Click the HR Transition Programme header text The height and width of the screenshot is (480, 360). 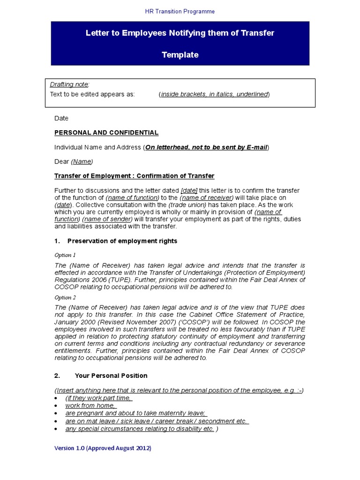point(180,11)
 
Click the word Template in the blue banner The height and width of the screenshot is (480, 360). point(180,55)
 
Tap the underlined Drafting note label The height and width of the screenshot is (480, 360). point(68,84)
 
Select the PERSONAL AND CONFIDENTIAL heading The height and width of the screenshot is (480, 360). point(106,133)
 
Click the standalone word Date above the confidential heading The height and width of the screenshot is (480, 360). point(61,118)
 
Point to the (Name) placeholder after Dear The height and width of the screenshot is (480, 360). point(82,162)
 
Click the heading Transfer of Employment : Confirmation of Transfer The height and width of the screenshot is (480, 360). point(134,176)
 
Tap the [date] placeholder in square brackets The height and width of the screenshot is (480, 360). point(189,191)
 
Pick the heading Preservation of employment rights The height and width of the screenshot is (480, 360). point(122,241)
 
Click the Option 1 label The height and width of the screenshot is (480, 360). point(65,255)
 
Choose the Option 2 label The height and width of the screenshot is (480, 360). point(65,298)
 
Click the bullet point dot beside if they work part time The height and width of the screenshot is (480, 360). point(56,398)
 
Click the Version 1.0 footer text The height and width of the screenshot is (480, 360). point(103,448)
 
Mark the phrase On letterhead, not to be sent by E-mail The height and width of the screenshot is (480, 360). point(206,147)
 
